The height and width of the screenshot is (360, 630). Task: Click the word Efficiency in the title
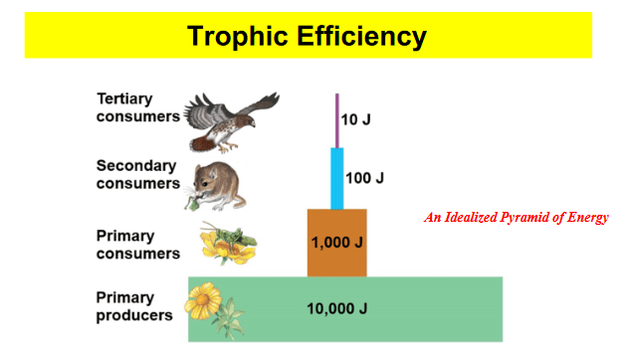coord(361,37)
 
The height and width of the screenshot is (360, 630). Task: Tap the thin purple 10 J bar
coord(337,120)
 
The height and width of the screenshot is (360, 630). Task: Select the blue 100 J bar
coord(337,179)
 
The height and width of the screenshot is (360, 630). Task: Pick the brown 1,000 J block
coord(337,243)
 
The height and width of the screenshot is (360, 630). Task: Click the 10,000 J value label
coord(336,308)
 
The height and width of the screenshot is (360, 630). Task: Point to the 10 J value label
coord(355,119)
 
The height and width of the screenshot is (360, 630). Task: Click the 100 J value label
coord(364,178)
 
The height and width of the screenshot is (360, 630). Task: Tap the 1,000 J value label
coord(336,243)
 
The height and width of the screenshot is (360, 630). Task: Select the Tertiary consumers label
coord(137,107)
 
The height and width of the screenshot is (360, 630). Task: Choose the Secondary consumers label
coord(137,175)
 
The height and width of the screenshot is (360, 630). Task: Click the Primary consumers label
coord(137,245)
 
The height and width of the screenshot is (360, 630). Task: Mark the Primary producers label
coord(134,306)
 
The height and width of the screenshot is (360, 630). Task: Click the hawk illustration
coord(231,122)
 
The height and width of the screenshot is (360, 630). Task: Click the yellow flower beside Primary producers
coord(203,300)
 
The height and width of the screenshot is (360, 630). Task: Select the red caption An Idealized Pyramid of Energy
coord(517,217)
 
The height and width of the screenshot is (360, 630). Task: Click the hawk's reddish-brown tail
coord(204,143)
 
